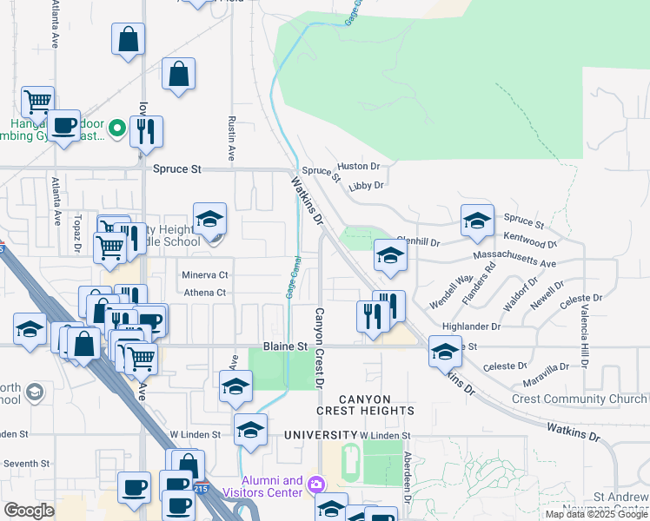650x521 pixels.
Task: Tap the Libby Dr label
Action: coord(366,186)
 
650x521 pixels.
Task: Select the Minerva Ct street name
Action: coord(205,274)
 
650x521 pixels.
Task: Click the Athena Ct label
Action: coord(204,293)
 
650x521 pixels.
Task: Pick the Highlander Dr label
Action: coord(471,327)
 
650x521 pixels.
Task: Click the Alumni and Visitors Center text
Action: coord(271,486)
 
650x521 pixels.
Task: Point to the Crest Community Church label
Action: coord(579,399)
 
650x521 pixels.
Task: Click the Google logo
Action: coord(29,510)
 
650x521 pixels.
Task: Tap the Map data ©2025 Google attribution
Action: coord(594,514)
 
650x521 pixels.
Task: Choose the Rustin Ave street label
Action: coord(232,140)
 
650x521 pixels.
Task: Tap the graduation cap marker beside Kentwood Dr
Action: coord(477,221)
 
